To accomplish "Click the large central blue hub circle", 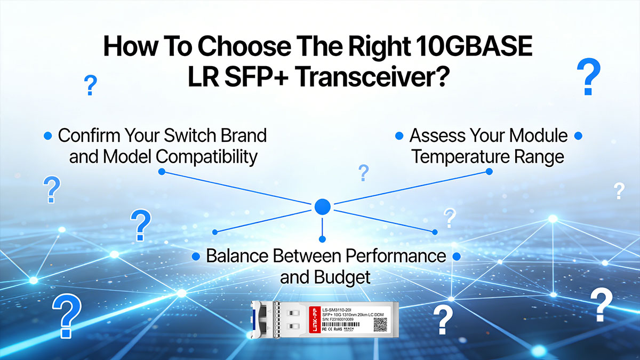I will pyautogui.click(x=322, y=206).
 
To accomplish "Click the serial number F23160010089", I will pyautogui.click(x=346, y=319).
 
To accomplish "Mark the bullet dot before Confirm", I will pyautogui.click(x=48, y=136).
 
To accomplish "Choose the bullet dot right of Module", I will pyautogui.click(x=578, y=136).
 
